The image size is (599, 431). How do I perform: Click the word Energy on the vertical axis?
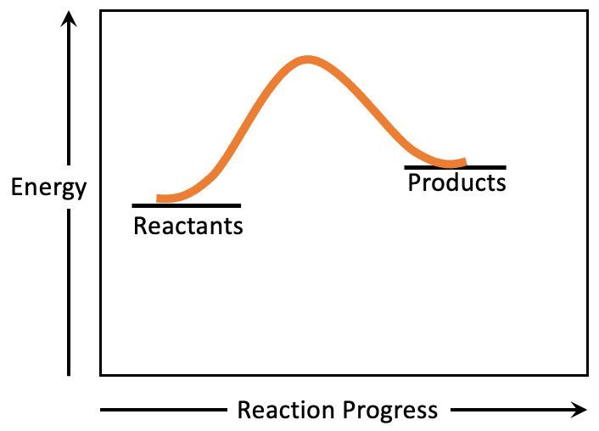pyautogui.click(x=48, y=188)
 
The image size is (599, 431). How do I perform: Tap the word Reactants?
pyautogui.click(x=188, y=226)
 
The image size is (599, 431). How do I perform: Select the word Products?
pyautogui.click(x=457, y=182)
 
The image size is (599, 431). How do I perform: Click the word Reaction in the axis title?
pyautogui.click(x=286, y=410)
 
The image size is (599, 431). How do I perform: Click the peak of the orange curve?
pyautogui.click(x=308, y=60)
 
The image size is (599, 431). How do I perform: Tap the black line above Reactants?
pyautogui.click(x=187, y=205)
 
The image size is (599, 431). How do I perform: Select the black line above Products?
pyautogui.click(x=456, y=167)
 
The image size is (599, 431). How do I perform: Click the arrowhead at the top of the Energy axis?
pyautogui.click(x=69, y=19)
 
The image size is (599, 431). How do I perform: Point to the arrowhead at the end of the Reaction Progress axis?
pyautogui.click(x=579, y=410)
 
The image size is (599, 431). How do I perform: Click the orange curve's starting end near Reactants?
pyautogui.click(x=158, y=199)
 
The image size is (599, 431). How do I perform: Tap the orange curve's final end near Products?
pyautogui.click(x=465, y=162)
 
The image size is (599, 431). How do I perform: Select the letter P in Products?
pyautogui.click(x=414, y=182)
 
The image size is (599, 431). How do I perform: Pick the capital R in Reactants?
pyautogui.click(x=139, y=226)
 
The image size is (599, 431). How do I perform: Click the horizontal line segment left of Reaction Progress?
pyautogui.click(x=164, y=410)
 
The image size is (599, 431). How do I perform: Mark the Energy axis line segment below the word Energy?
pyautogui.click(x=69, y=293)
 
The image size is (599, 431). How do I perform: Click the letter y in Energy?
pyautogui.click(x=80, y=191)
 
